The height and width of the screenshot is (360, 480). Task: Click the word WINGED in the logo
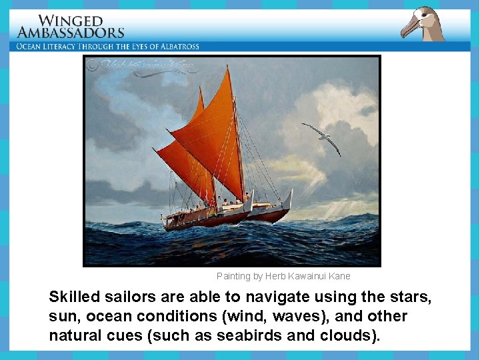pos(71,21)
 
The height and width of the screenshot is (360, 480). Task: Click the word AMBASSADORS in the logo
pos(71,33)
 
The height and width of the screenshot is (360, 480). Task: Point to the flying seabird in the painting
pos(322,137)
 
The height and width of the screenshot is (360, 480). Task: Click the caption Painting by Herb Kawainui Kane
pos(283,276)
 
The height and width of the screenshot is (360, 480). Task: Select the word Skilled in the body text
pos(73,297)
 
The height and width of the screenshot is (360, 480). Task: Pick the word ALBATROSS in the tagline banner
pos(176,47)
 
